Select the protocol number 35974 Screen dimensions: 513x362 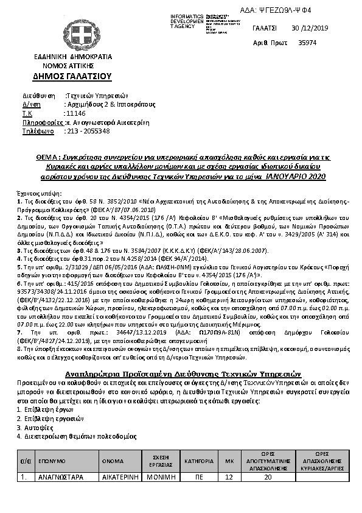click(308, 43)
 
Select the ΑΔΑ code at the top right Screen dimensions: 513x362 click(302, 10)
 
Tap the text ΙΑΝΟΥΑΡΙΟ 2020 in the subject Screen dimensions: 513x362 click(296, 176)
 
